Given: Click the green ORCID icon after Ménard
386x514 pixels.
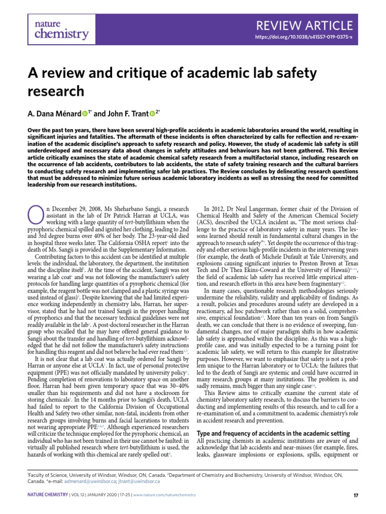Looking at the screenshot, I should [84, 113].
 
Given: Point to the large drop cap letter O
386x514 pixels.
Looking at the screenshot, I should [34, 214].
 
